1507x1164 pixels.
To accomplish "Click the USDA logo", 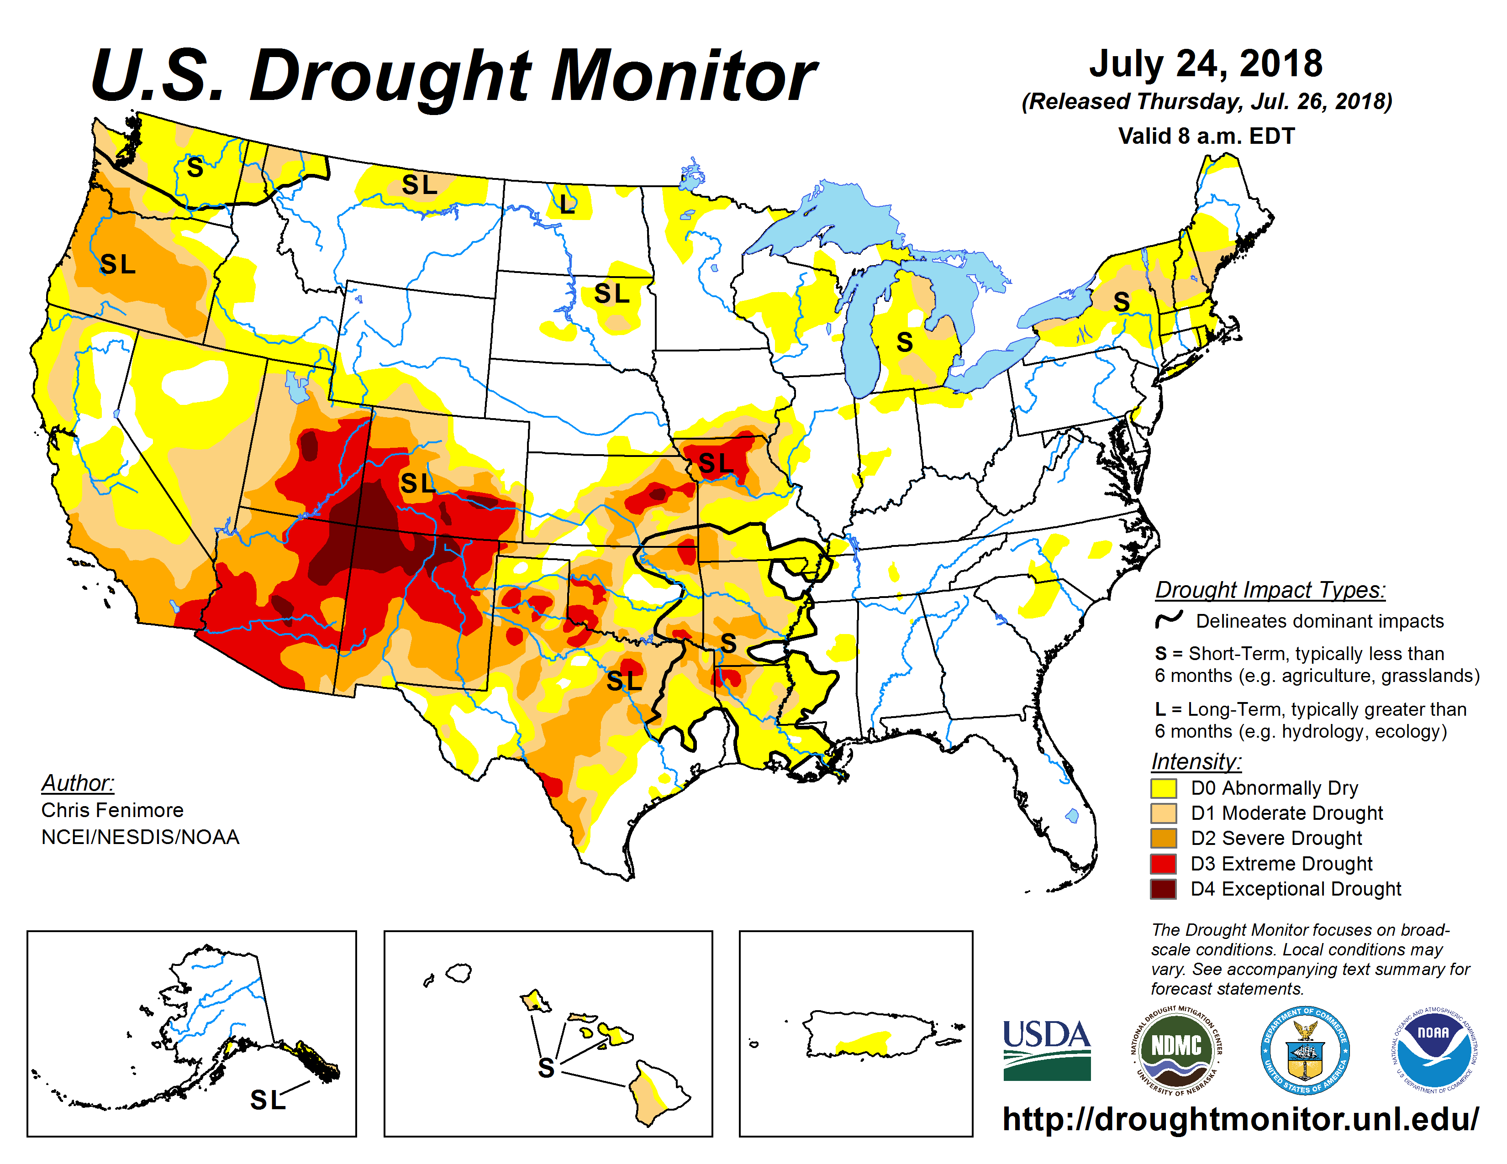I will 1046,1049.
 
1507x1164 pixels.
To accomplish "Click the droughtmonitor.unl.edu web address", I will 1240,1118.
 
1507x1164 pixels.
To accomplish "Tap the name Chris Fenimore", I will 112,810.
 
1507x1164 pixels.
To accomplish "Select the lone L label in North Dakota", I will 567,204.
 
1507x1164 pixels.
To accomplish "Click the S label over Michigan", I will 905,342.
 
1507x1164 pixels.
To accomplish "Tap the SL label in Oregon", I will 117,264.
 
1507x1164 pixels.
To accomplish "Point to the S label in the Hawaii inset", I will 546,1068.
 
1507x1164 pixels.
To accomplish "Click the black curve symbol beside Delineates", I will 1169,619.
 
